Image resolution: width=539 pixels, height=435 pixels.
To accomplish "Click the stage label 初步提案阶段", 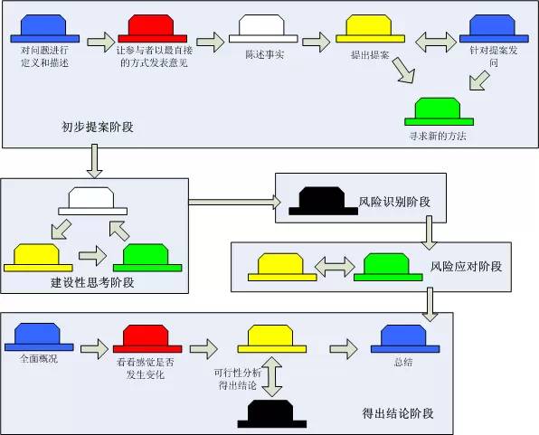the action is tap(98, 128).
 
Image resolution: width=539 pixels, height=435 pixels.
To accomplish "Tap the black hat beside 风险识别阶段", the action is tap(323, 202).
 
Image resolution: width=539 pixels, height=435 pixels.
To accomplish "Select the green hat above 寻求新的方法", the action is tap(439, 112).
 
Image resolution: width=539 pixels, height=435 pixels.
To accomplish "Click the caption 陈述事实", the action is tap(264, 54).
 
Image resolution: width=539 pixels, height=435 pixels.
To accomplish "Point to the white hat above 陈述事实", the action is tap(263, 29).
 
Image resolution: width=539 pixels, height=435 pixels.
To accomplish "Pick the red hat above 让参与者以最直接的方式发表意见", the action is tap(152, 29).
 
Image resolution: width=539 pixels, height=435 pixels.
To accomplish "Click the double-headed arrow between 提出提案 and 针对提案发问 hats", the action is tap(436, 42).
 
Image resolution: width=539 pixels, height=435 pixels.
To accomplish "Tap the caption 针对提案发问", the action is tap(494, 57).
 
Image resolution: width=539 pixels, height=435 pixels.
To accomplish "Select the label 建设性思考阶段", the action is tap(92, 283).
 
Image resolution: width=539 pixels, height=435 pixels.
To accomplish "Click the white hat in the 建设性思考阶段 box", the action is tap(92, 201).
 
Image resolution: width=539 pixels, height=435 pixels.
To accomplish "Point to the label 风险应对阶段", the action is tap(466, 267).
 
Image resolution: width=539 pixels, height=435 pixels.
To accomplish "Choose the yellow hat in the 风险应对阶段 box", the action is tap(282, 267).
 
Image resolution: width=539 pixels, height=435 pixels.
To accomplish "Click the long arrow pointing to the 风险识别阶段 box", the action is tap(235, 202).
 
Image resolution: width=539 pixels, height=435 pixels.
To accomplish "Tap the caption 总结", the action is tap(402, 362).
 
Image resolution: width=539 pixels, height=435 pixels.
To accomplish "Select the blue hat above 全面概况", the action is tap(39, 337).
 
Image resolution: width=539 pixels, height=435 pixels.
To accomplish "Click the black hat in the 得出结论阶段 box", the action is tap(272, 413).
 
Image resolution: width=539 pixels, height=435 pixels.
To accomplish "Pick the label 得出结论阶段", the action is tap(398, 413).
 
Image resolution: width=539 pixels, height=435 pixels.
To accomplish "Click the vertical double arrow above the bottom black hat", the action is tap(272, 377).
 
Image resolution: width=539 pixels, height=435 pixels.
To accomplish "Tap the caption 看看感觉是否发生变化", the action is tap(146, 368).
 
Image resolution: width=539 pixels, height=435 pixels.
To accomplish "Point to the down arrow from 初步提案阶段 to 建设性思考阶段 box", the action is tap(94, 161).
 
